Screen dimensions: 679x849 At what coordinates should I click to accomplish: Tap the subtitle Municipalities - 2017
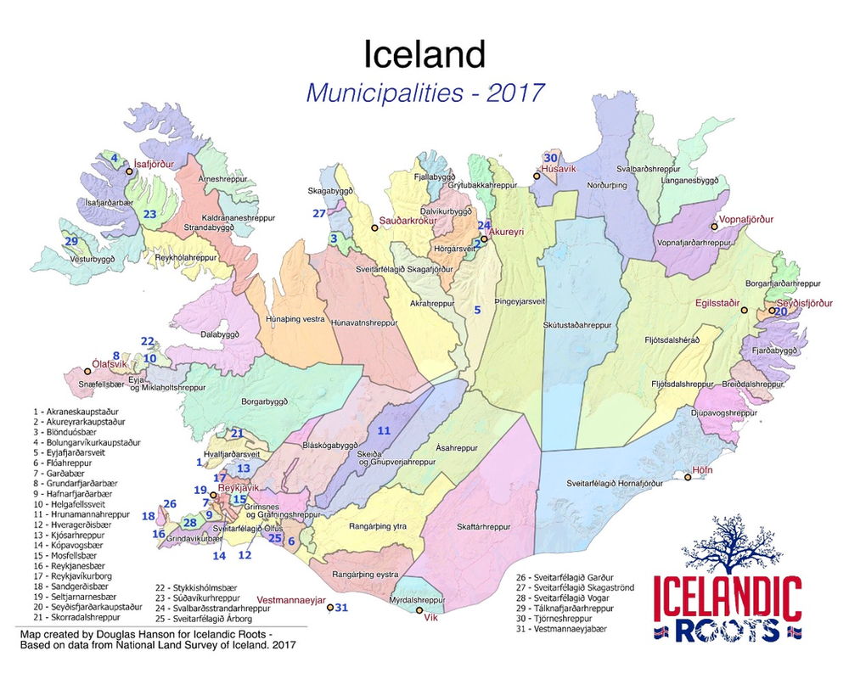coord(424,92)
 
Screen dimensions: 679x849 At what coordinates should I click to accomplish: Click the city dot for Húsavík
coord(537,177)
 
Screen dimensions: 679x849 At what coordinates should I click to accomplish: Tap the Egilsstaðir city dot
coord(745,311)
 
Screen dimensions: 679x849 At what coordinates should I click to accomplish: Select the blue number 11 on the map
coord(384,431)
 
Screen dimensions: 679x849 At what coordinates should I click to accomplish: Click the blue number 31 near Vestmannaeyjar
coord(341,608)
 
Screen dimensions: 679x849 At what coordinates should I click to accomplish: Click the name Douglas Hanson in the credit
coord(132,634)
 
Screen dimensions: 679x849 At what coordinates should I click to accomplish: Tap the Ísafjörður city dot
coord(130,171)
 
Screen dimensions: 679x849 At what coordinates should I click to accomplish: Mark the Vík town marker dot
coord(419,610)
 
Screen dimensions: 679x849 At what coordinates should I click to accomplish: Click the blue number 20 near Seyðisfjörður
coord(780,312)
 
